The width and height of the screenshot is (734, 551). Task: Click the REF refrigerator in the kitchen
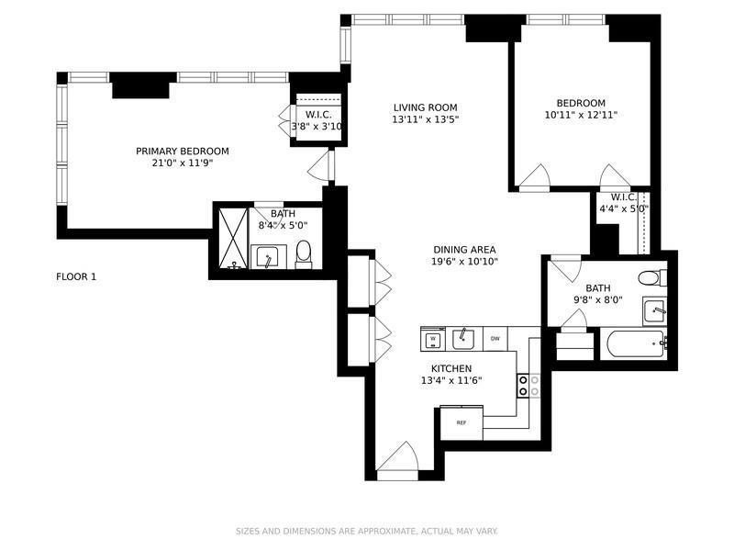point(462,422)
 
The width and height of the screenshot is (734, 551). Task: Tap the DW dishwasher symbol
point(495,339)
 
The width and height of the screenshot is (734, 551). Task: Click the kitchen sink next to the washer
point(462,340)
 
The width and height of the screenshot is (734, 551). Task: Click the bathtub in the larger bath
point(637,344)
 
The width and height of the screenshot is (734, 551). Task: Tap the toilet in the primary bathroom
point(305,252)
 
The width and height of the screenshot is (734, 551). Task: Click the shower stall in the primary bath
point(234,241)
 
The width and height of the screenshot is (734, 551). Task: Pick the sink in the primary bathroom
point(267,256)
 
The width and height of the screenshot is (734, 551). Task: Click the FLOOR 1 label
point(76,276)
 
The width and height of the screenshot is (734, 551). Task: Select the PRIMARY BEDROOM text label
point(183,152)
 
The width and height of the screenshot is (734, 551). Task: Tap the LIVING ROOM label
point(425,107)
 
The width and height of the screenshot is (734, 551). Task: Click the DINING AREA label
point(465,250)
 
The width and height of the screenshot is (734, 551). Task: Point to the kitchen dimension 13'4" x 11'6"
point(450,380)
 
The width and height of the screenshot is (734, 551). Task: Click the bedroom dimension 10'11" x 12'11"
point(581,116)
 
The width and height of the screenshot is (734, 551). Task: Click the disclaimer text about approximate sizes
point(366,531)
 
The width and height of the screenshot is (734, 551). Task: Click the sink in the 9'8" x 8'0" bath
point(653,309)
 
